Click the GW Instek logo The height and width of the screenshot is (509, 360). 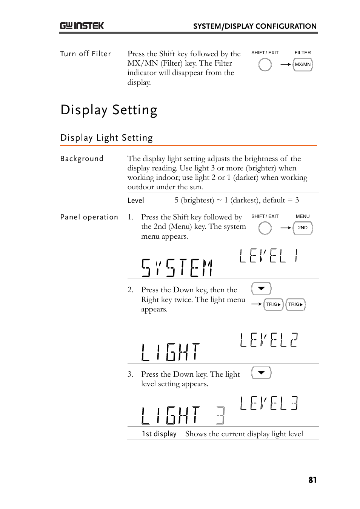point(82,26)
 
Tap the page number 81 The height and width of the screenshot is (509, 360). point(312,480)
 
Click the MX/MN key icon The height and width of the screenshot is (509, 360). point(303,64)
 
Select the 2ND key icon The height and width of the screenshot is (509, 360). point(303,228)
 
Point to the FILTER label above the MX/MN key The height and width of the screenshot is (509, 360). point(303,53)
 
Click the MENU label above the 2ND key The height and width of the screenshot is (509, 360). point(303,216)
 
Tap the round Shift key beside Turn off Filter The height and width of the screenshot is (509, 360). point(265,65)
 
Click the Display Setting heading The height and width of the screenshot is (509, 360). point(109,110)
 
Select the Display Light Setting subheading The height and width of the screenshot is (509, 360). point(106,138)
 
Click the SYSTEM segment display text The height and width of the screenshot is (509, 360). point(177,268)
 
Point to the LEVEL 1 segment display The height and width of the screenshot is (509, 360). point(269,256)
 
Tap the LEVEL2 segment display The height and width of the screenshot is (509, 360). point(269,340)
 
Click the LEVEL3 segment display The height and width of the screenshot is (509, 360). point(269,403)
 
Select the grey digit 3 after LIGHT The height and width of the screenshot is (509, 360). point(221,415)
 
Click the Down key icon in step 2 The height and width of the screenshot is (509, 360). point(261,289)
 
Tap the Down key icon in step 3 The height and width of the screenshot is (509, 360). point(261,373)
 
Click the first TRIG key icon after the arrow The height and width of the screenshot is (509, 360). point(273,304)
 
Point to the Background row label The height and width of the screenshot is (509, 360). point(82,159)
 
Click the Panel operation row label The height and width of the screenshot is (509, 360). point(89,217)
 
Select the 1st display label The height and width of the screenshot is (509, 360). point(159,434)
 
